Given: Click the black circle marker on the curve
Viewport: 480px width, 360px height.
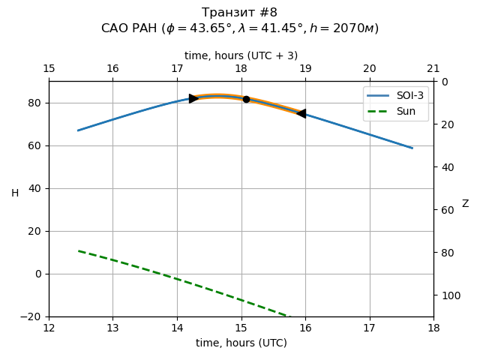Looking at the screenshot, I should (246, 99).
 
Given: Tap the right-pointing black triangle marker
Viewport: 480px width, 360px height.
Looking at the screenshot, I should (193, 98).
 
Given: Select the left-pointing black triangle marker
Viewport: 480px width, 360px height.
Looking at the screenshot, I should (301, 113).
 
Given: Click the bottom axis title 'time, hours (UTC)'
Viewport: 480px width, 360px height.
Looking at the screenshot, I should (241, 343).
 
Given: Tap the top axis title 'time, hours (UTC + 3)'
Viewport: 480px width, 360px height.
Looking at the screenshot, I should (241, 55).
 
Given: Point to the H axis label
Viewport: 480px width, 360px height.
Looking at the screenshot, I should (15, 193).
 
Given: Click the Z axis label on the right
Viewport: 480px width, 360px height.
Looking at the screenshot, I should (465, 204).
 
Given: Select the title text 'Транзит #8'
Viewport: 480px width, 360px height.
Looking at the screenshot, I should (240, 13).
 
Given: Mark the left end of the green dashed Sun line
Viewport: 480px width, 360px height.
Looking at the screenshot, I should (78, 250).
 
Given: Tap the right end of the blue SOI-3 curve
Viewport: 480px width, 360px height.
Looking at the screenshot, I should (412, 148).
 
